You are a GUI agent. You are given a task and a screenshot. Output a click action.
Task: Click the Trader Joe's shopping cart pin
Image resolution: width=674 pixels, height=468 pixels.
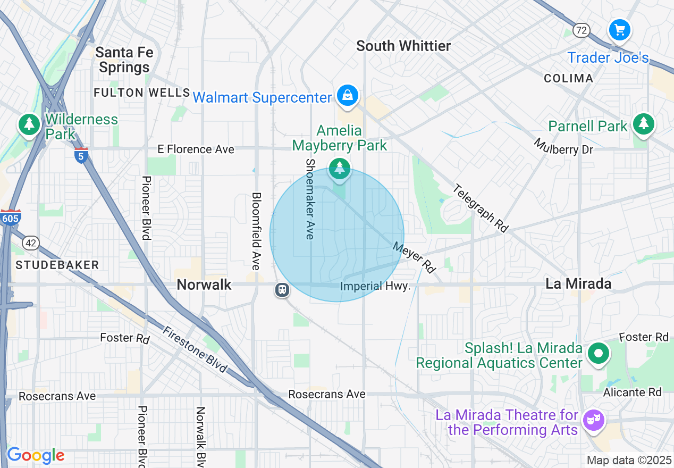[x=619, y=30]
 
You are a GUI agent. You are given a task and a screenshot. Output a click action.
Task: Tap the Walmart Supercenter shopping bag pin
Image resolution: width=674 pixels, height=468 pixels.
[x=347, y=96]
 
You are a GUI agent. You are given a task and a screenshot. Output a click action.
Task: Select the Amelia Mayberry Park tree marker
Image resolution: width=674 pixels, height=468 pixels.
[x=340, y=168]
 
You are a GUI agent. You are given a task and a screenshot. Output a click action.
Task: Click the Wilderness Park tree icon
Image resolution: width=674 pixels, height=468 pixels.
[x=30, y=124]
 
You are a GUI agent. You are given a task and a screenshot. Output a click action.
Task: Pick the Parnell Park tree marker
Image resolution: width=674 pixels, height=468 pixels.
[x=644, y=123]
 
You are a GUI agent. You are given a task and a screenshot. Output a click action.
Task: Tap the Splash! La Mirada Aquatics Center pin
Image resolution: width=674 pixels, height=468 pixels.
[x=599, y=354]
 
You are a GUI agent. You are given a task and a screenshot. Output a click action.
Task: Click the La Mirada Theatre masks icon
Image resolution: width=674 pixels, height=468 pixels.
[x=593, y=421]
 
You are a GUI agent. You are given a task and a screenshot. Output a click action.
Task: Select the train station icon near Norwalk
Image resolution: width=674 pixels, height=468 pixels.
[x=282, y=290]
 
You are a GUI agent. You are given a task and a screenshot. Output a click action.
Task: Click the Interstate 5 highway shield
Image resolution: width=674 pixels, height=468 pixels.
[x=81, y=156]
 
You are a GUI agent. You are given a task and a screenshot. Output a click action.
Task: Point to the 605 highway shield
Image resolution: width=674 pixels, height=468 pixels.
[x=11, y=218]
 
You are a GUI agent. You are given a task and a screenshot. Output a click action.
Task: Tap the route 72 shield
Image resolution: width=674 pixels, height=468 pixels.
[x=582, y=30]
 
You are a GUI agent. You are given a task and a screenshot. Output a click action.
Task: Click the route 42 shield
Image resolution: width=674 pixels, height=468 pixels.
[x=31, y=243]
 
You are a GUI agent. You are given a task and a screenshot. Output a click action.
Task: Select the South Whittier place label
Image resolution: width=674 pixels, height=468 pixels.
[x=403, y=46]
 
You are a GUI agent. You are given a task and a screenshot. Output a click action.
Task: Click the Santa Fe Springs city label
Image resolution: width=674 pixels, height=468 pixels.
[x=124, y=60]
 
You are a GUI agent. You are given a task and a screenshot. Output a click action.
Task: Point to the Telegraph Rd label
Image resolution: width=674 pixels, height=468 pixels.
[x=481, y=208]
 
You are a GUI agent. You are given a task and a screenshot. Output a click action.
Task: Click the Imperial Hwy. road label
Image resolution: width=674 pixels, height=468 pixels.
[x=375, y=286]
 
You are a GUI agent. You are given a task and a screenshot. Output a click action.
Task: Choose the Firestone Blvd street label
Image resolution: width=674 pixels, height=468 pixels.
[x=195, y=349]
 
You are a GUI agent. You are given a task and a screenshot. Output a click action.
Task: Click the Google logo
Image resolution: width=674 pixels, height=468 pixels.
[x=36, y=455]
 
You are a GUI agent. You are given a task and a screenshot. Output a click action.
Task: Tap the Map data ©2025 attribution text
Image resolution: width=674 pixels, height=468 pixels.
[x=629, y=460]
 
